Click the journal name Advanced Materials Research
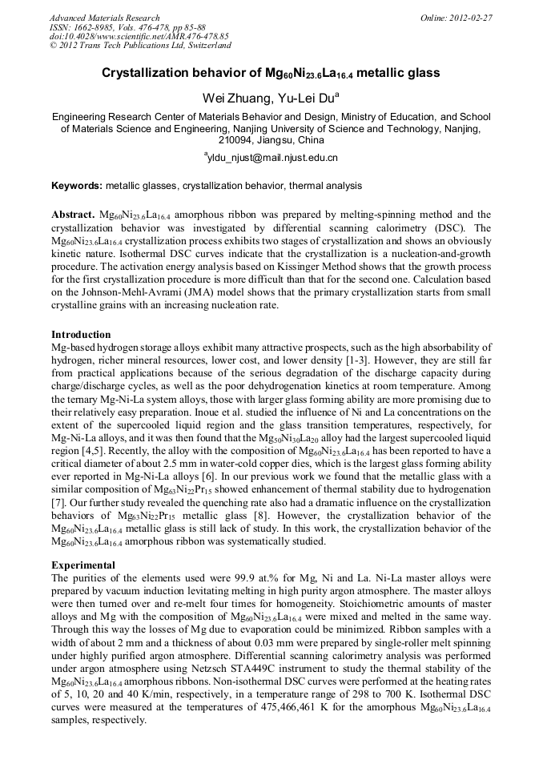[x=104, y=18]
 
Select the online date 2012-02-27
[x=473, y=18]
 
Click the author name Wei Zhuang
[x=231, y=98]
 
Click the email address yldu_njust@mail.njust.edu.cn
[x=272, y=159]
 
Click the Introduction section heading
[x=81, y=334]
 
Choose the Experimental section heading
[x=83, y=565]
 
